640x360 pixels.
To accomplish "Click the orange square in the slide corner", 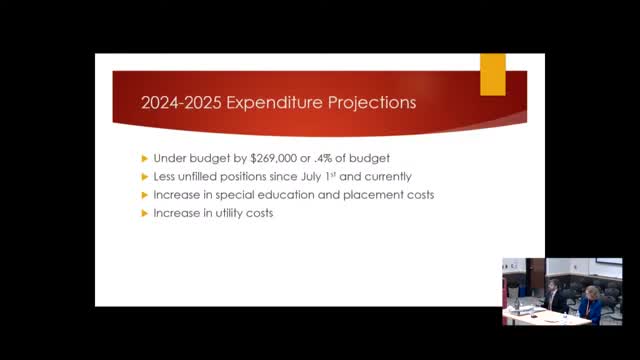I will [493, 74].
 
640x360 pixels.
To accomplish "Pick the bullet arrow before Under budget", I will [143, 158].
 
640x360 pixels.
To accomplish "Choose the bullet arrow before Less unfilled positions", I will [143, 177].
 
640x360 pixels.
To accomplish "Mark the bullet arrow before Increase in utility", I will [143, 213].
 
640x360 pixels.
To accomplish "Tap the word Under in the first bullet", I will [170, 158].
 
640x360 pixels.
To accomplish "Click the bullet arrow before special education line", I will [143, 195].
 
